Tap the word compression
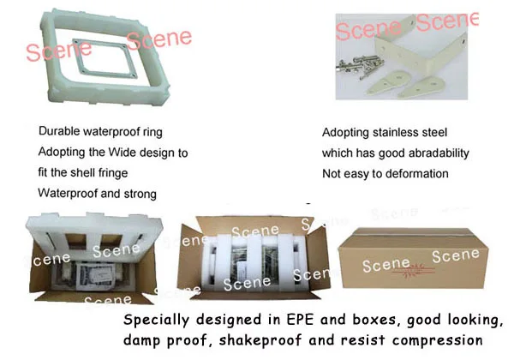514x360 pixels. [438, 341]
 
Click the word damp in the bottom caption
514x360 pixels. [143, 341]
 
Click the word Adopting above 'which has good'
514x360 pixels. [347, 133]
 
